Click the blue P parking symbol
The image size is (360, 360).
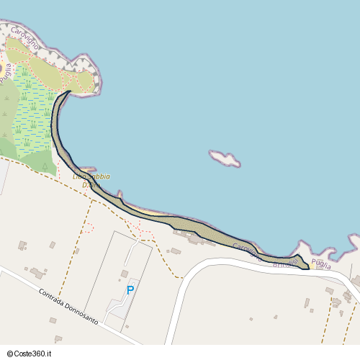[x=130, y=290]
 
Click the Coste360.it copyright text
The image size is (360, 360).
[x=37, y=353]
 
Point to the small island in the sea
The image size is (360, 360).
[x=225, y=158]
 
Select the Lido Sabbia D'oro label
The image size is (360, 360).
[x=91, y=180]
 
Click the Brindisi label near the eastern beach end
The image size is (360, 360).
[x=285, y=265]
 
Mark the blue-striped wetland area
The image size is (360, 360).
[x=32, y=115]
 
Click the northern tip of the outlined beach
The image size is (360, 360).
[x=68, y=92]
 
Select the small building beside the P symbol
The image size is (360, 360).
[x=125, y=274]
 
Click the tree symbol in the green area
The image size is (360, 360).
[x=45, y=166]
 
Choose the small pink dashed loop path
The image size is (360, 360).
[x=89, y=228]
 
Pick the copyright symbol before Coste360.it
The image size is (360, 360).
[x=12, y=353]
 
